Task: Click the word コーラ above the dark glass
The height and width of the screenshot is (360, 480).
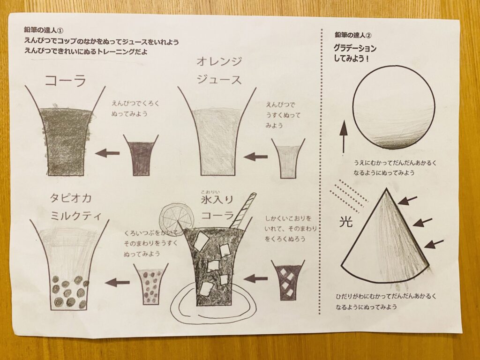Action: pos(66,81)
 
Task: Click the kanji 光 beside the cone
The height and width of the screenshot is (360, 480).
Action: pos(345,222)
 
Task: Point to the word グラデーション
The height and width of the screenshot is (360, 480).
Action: pos(355,48)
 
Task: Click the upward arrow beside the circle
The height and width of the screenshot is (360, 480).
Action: pos(344,136)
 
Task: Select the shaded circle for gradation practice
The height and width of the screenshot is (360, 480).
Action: pos(393,107)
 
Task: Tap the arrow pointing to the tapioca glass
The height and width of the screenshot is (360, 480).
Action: pos(117,282)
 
